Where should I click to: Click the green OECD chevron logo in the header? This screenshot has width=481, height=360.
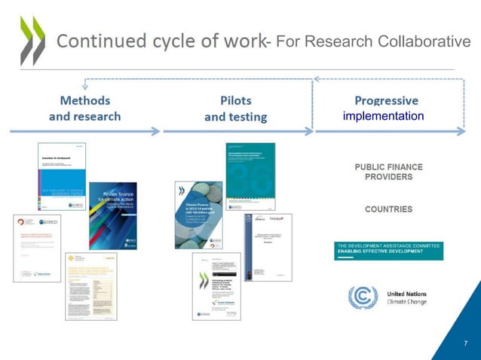pos(32,41)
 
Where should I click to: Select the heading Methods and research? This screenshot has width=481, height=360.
pos(84,108)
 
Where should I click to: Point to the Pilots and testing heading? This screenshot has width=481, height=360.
pos(235,108)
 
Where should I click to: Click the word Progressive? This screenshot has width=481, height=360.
pos(386,101)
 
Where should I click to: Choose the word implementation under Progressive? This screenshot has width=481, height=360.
pos(384,117)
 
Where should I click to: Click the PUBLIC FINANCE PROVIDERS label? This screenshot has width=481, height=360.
pos(383,171)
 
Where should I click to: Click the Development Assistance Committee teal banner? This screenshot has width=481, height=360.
pos(388,250)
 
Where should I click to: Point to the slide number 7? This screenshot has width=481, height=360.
pos(465,343)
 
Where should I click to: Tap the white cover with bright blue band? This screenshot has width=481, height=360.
pos(62,175)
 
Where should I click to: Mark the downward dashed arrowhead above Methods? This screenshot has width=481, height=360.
pos(84,87)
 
